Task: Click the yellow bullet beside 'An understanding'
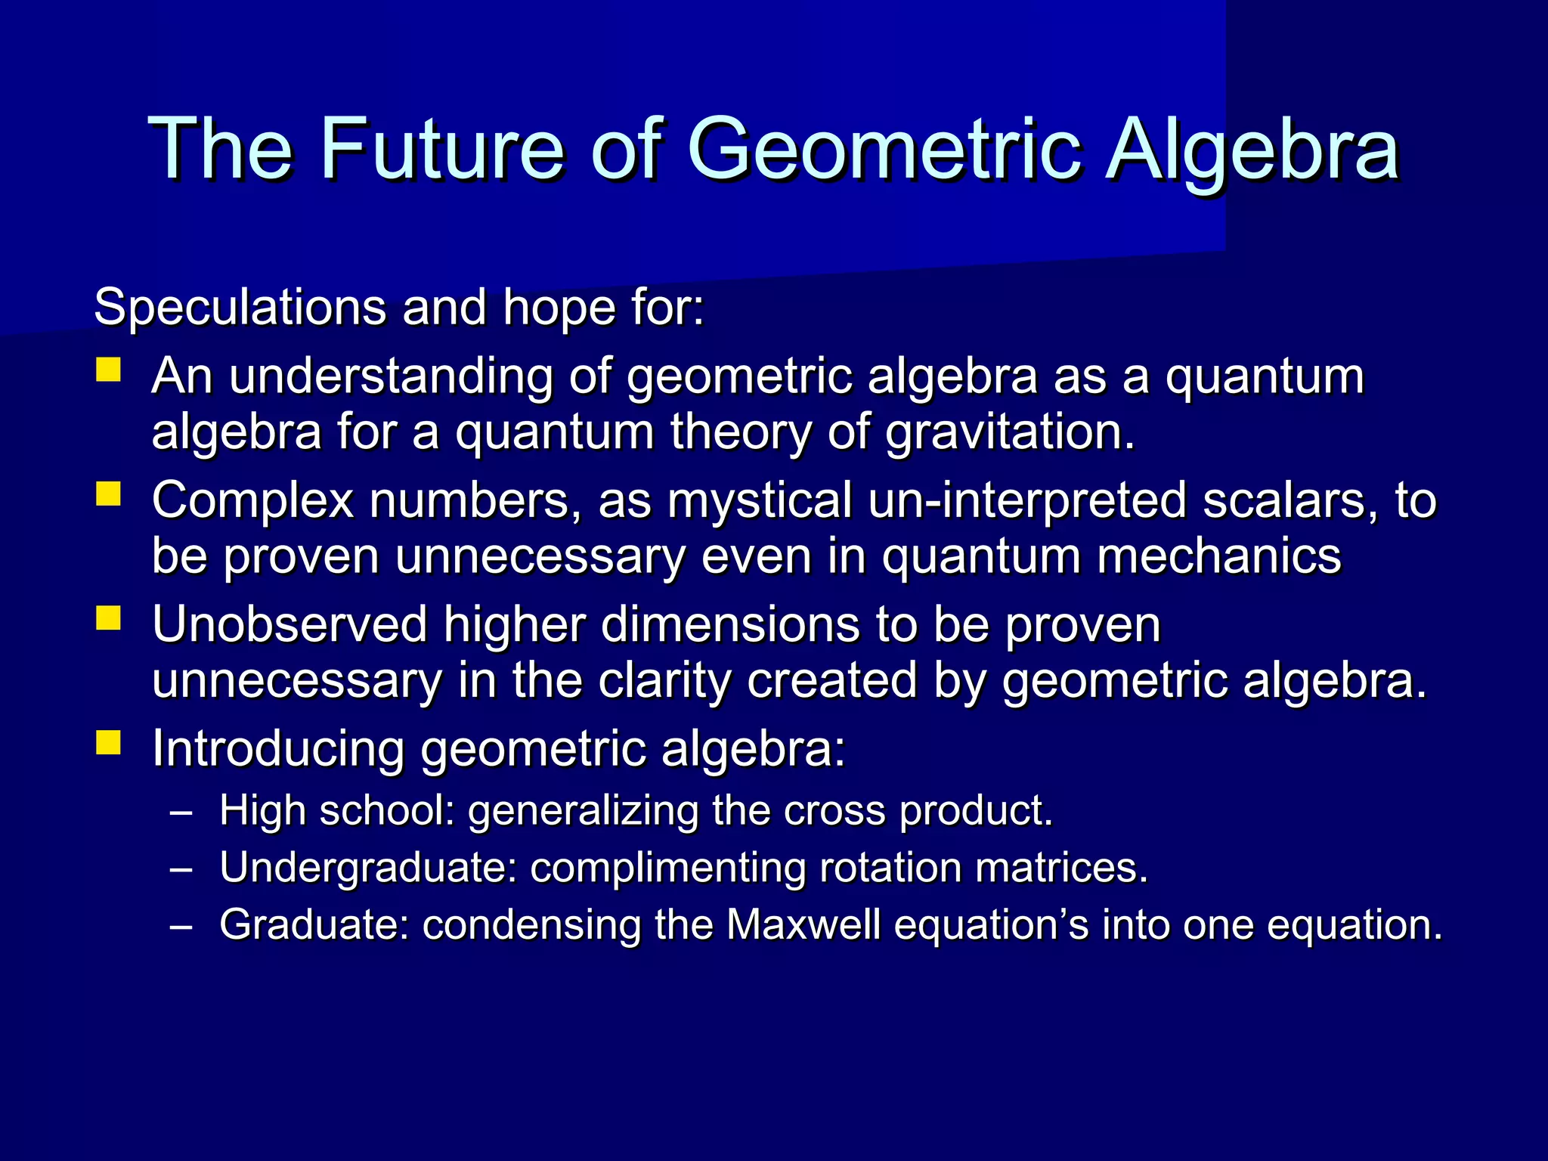(x=109, y=370)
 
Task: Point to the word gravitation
(x=1010, y=432)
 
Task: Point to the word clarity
(x=666, y=680)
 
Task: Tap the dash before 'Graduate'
(x=181, y=927)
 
